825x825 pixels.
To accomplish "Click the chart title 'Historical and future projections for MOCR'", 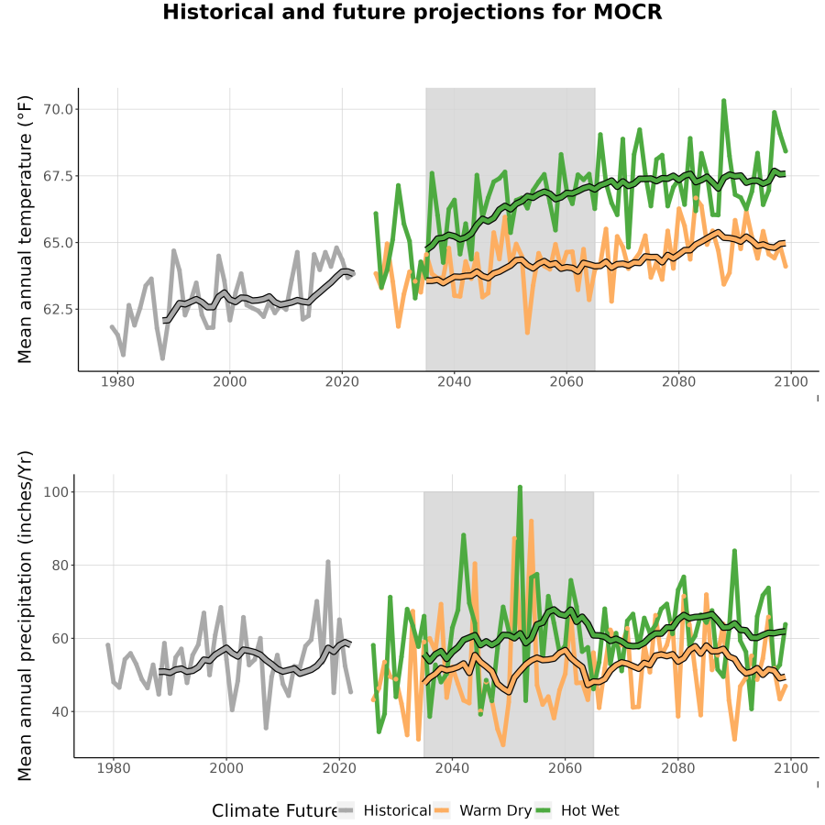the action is pyautogui.click(x=412, y=12).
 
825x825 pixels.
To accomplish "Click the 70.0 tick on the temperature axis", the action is pyautogui.click(x=58, y=109).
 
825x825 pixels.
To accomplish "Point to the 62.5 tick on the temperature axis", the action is pyautogui.click(x=58, y=310).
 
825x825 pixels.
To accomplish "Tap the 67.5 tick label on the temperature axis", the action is pyautogui.click(x=58, y=176).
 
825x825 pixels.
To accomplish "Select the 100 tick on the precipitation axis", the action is pyautogui.click(x=56, y=492).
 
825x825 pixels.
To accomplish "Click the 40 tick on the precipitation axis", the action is pyautogui.click(x=60, y=712).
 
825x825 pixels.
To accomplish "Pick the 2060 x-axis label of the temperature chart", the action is pyautogui.click(x=566, y=381).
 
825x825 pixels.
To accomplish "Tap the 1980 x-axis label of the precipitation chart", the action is pyautogui.click(x=114, y=768).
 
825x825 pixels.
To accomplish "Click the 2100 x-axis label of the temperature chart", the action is pyautogui.click(x=791, y=381).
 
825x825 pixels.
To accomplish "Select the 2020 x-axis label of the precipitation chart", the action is pyautogui.click(x=339, y=768).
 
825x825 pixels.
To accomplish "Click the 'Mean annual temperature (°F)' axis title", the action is pyautogui.click(x=24, y=229).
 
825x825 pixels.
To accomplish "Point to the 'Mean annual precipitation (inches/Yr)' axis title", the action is pyautogui.click(x=24, y=616).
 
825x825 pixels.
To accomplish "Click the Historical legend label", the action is pyautogui.click(x=397, y=811).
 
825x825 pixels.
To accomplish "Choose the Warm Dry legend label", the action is pyautogui.click(x=496, y=811).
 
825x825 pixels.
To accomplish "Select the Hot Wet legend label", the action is pyautogui.click(x=590, y=811).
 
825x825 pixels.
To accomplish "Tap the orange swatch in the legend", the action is pyautogui.click(x=442, y=811).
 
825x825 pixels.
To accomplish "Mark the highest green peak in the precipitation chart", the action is pyautogui.click(x=520, y=488).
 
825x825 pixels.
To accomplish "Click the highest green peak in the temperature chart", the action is pyautogui.click(x=724, y=101).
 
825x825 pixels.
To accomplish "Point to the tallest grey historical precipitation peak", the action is pyautogui.click(x=328, y=563).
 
